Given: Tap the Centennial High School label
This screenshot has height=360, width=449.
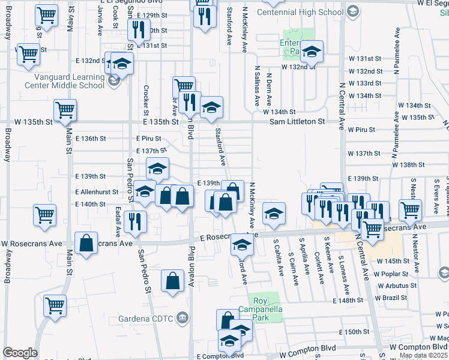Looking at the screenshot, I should (x=300, y=12).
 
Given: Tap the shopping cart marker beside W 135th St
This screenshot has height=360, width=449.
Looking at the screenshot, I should (x=65, y=110).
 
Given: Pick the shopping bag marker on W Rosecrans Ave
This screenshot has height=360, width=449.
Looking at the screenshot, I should (x=86, y=243).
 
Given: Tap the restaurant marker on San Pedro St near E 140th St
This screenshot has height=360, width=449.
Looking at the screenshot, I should (x=136, y=221).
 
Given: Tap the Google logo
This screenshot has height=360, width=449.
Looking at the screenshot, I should (x=20, y=352).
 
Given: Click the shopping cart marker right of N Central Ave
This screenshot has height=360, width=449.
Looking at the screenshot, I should (x=411, y=209).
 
